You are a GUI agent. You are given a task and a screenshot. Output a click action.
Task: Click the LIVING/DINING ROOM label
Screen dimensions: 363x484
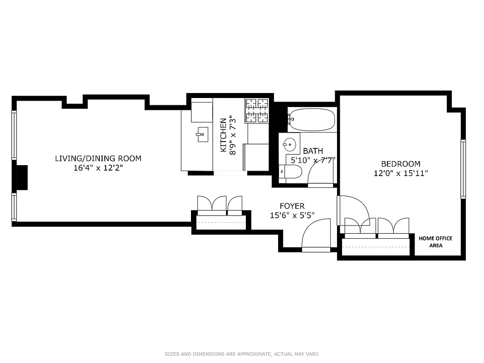98,158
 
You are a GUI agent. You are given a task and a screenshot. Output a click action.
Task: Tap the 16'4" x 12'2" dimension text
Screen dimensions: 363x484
98,167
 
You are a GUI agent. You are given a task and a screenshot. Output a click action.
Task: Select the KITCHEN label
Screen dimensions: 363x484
223,135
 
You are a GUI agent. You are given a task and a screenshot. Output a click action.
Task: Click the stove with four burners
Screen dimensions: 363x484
257,111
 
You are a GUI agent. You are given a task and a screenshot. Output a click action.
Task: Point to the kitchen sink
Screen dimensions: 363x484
202,133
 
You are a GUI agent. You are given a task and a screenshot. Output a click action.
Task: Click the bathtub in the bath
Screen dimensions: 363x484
312,120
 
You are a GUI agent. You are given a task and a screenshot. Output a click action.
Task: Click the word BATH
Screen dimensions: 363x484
313,151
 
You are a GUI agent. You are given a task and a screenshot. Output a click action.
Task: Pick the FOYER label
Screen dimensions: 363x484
292,206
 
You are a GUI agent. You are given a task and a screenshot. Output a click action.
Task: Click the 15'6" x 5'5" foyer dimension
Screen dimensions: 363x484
292,216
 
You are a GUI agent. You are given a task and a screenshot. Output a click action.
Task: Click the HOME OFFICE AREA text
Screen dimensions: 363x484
435,242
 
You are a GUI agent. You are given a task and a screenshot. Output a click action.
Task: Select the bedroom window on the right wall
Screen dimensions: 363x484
463,169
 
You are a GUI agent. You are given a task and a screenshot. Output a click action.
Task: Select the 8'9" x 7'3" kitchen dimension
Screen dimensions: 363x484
233,135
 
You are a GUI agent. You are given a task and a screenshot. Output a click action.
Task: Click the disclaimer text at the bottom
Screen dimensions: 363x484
242,353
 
